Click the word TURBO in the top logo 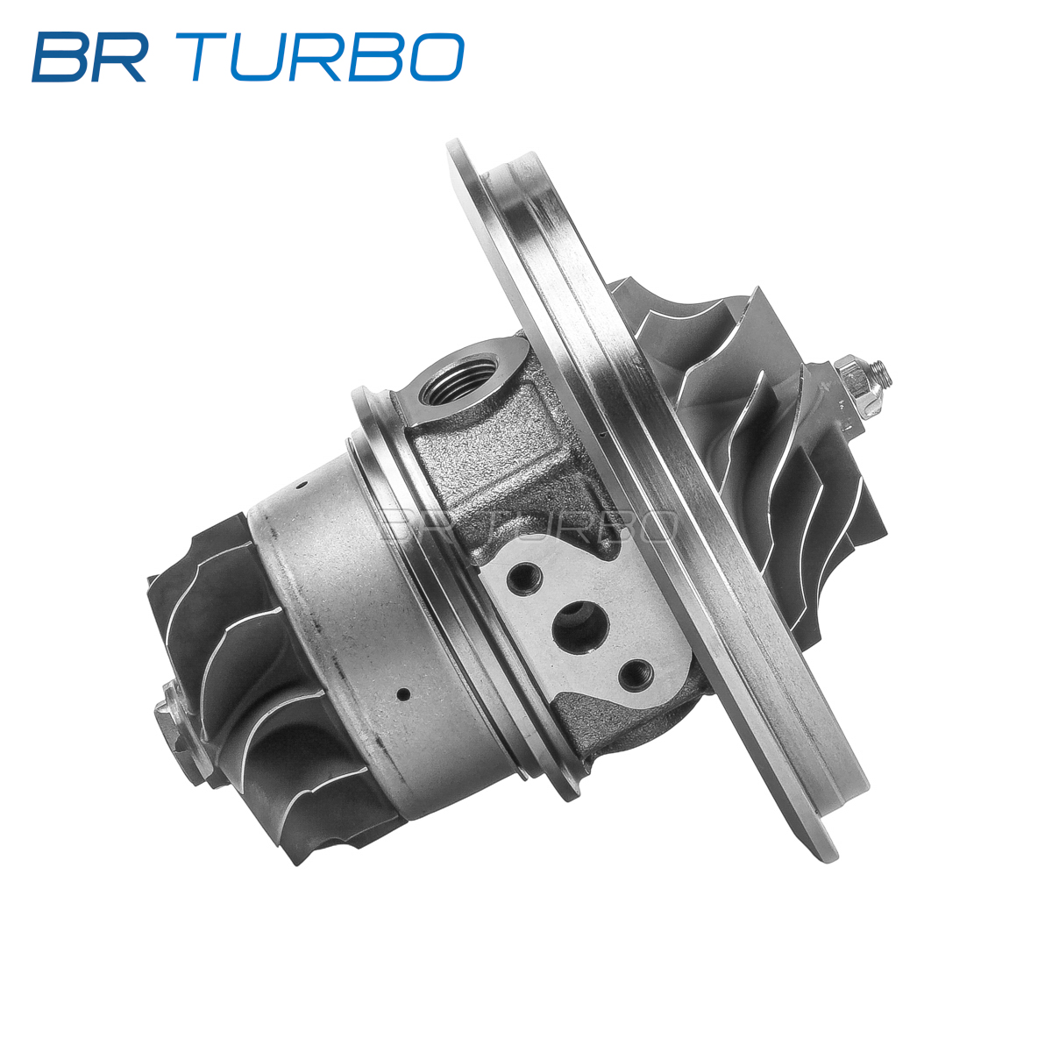326,57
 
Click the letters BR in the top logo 89,57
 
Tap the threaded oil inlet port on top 458,379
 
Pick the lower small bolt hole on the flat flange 636,672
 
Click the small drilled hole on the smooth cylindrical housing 403,693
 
